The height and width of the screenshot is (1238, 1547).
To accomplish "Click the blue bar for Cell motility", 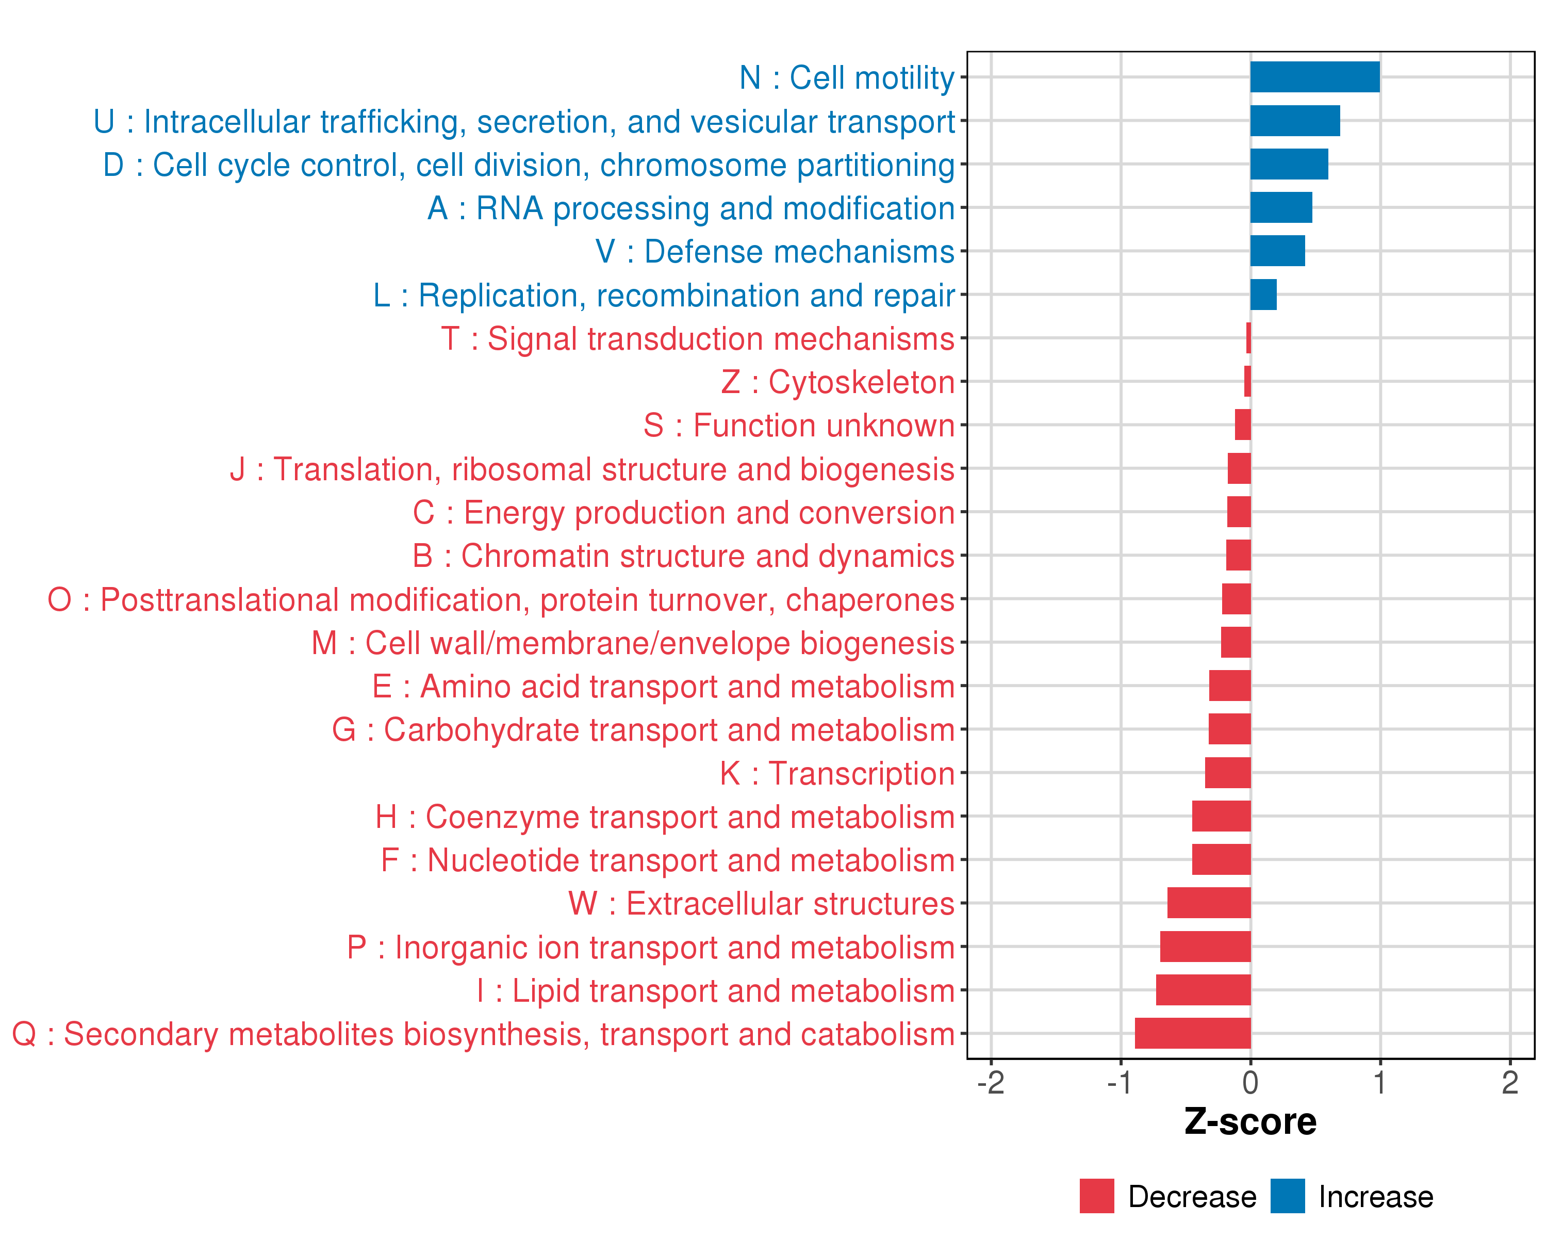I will pyautogui.click(x=1314, y=77).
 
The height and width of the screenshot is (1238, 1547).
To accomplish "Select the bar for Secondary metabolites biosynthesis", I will pyautogui.click(x=1193, y=1033).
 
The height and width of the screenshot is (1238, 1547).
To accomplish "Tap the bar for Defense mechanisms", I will pyautogui.click(x=1277, y=251).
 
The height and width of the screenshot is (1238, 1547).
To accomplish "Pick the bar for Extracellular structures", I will pyautogui.click(x=1209, y=903).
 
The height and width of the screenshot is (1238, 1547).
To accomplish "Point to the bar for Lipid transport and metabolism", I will pyautogui.click(x=1203, y=990).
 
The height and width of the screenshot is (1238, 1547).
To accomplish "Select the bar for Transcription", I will pyautogui.click(x=1228, y=773).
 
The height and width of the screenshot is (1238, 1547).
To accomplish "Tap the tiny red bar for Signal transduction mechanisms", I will pyautogui.click(x=1248, y=338).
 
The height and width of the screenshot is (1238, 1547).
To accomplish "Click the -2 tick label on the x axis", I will pyautogui.click(x=991, y=1083).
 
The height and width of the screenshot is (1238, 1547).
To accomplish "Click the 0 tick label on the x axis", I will pyautogui.click(x=1250, y=1083).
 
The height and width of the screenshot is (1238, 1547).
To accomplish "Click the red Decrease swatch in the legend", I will pyautogui.click(x=1096, y=1196).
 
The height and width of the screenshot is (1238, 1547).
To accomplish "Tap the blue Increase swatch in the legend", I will pyautogui.click(x=1287, y=1196).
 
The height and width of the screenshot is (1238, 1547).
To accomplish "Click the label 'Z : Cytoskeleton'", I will pyautogui.click(x=837, y=382).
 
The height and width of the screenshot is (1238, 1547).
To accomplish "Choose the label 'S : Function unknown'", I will pyautogui.click(x=799, y=426).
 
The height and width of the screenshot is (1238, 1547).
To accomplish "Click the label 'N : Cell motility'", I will pyautogui.click(x=847, y=77).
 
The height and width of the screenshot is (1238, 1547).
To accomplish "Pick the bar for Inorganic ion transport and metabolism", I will pyautogui.click(x=1206, y=947).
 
